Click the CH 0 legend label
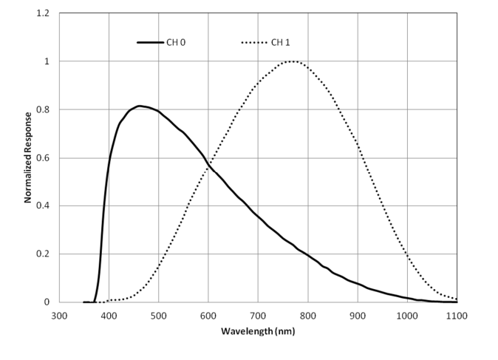[176, 42]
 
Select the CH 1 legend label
[280, 42]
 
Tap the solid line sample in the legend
[150, 42]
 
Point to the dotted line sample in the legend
[254, 42]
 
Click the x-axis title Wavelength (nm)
[258, 331]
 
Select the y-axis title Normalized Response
[27, 157]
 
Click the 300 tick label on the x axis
[59, 313]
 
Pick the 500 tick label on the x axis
[159, 313]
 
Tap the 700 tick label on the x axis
[258, 313]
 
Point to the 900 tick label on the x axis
[358, 313]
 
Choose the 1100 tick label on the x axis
[457, 313]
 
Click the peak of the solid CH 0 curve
[139, 106]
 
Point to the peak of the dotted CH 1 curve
[293, 61]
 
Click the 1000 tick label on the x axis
[407, 313]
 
